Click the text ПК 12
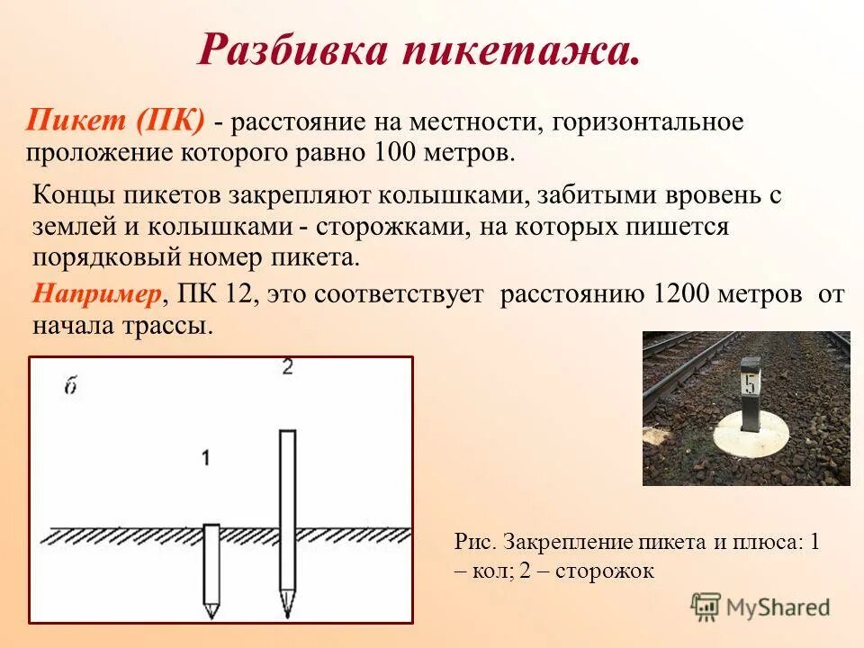click(219, 294)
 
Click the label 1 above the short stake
click(206, 458)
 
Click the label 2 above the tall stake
click(287, 367)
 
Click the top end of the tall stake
click(287, 434)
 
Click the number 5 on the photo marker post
click(749, 384)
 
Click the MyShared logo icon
click(706, 607)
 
